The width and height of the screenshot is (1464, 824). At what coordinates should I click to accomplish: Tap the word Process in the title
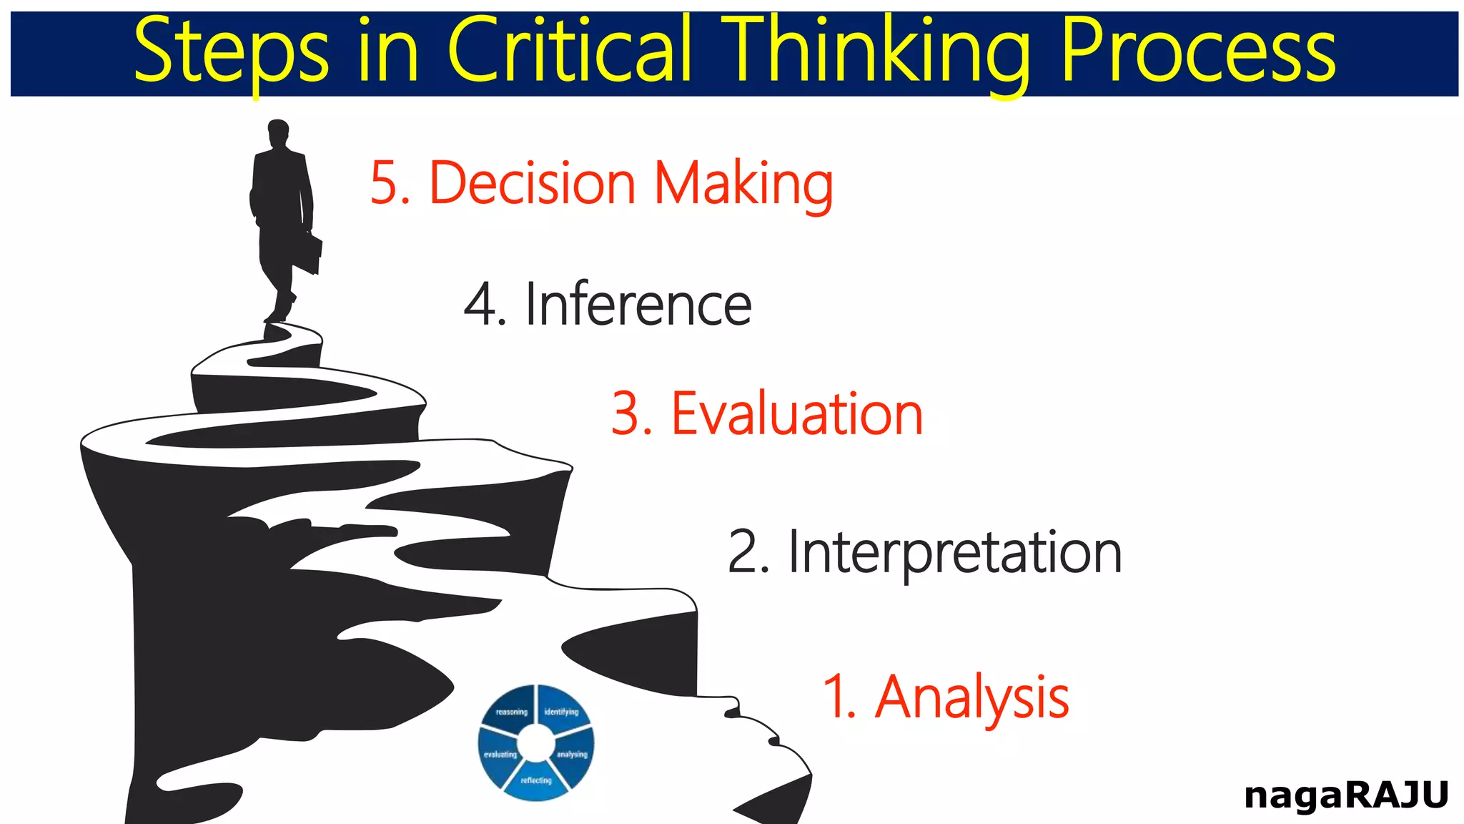(1197, 51)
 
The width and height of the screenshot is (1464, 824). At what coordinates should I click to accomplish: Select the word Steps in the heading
(230, 51)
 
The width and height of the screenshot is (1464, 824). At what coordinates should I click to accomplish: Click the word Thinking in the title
(876, 51)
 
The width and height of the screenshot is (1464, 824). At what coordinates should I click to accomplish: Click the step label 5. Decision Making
(601, 183)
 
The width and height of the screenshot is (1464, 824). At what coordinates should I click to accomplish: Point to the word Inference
(638, 305)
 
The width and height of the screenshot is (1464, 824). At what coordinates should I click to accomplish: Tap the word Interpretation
(955, 552)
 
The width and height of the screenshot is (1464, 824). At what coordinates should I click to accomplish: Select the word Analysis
(972, 697)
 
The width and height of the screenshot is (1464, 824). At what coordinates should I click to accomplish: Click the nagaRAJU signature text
(1345, 795)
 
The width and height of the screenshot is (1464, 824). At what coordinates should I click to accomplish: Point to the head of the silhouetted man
(278, 133)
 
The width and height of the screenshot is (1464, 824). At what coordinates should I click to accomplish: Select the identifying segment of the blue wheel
(562, 710)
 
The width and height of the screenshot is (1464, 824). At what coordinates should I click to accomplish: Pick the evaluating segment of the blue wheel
(500, 755)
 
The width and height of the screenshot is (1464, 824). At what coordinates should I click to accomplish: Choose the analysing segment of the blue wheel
(573, 754)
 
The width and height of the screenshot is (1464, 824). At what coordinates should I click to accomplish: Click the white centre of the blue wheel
(536, 744)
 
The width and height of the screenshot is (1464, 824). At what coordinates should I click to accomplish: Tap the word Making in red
(743, 183)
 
